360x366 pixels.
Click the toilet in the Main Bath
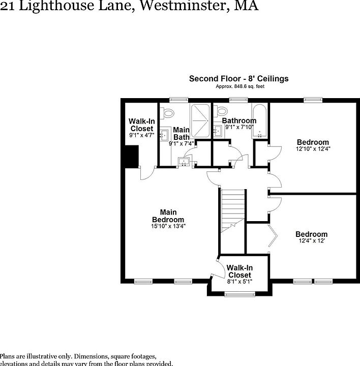pyautogui.click(x=168, y=112)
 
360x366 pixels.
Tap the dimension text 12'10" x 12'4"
pyautogui.click(x=313, y=149)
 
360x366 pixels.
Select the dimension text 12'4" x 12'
pyautogui.click(x=312, y=241)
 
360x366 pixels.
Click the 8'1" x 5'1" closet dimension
pyautogui.click(x=239, y=281)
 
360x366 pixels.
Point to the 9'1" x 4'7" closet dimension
pyautogui.click(x=141, y=135)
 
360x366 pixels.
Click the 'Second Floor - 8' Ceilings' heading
pyautogui.click(x=238, y=79)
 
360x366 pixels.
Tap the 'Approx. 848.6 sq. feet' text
pyautogui.click(x=238, y=87)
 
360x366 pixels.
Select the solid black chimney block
pyautogui.click(x=132, y=156)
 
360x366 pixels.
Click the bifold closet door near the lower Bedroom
pyautogui.click(x=274, y=236)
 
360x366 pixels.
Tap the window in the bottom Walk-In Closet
pyautogui.click(x=239, y=294)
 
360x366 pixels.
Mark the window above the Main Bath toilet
pyautogui.click(x=176, y=100)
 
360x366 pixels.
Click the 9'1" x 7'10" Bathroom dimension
pyautogui.click(x=239, y=127)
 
